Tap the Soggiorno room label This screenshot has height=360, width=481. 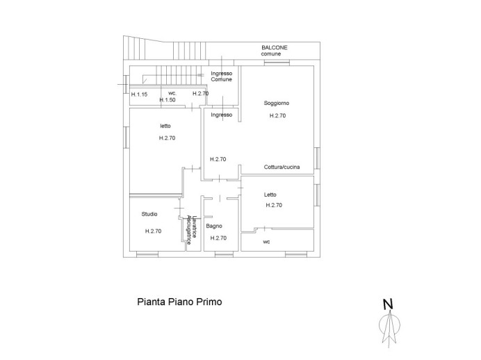[x=276, y=103]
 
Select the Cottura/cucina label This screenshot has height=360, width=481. [x=282, y=167]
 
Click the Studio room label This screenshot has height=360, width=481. [x=149, y=214]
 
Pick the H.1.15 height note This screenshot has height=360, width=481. [x=139, y=93]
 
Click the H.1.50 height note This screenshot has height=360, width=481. [x=168, y=100]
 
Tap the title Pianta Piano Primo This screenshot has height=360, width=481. [x=179, y=302]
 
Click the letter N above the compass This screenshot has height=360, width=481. [x=389, y=303]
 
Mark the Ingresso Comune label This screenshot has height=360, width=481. [x=222, y=76]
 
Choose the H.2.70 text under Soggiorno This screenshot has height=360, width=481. [x=277, y=116]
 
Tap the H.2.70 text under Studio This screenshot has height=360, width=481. [x=153, y=231]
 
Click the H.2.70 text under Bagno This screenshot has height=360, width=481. [x=218, y=238]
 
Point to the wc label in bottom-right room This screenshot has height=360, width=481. [x=266, y=243]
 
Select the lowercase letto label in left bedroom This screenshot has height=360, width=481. [x=165, y=126]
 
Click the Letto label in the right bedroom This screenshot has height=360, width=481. [x=270, y=195]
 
